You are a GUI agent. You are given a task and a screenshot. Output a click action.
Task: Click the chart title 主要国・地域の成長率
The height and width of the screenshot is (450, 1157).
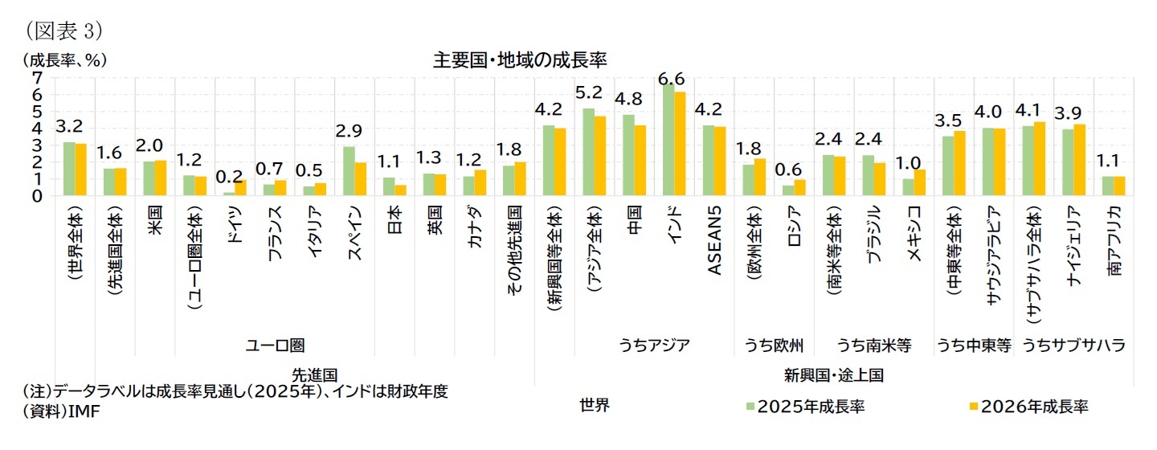coord(520,60)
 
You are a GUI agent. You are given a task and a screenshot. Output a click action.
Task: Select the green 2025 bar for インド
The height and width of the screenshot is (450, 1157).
coord(668,140)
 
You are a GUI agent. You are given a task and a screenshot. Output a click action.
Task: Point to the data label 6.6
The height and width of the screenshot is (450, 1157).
coord(672,78)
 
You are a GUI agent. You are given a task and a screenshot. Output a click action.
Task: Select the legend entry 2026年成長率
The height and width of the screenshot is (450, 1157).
coord(1031,406)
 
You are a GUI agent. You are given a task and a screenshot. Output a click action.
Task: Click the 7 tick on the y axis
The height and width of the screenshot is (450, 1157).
coord(36,77)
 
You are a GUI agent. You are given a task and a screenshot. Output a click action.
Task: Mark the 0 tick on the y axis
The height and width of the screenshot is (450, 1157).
coord(36,195)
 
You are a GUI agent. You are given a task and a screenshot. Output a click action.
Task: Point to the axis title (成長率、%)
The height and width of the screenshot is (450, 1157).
coord(65,60)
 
